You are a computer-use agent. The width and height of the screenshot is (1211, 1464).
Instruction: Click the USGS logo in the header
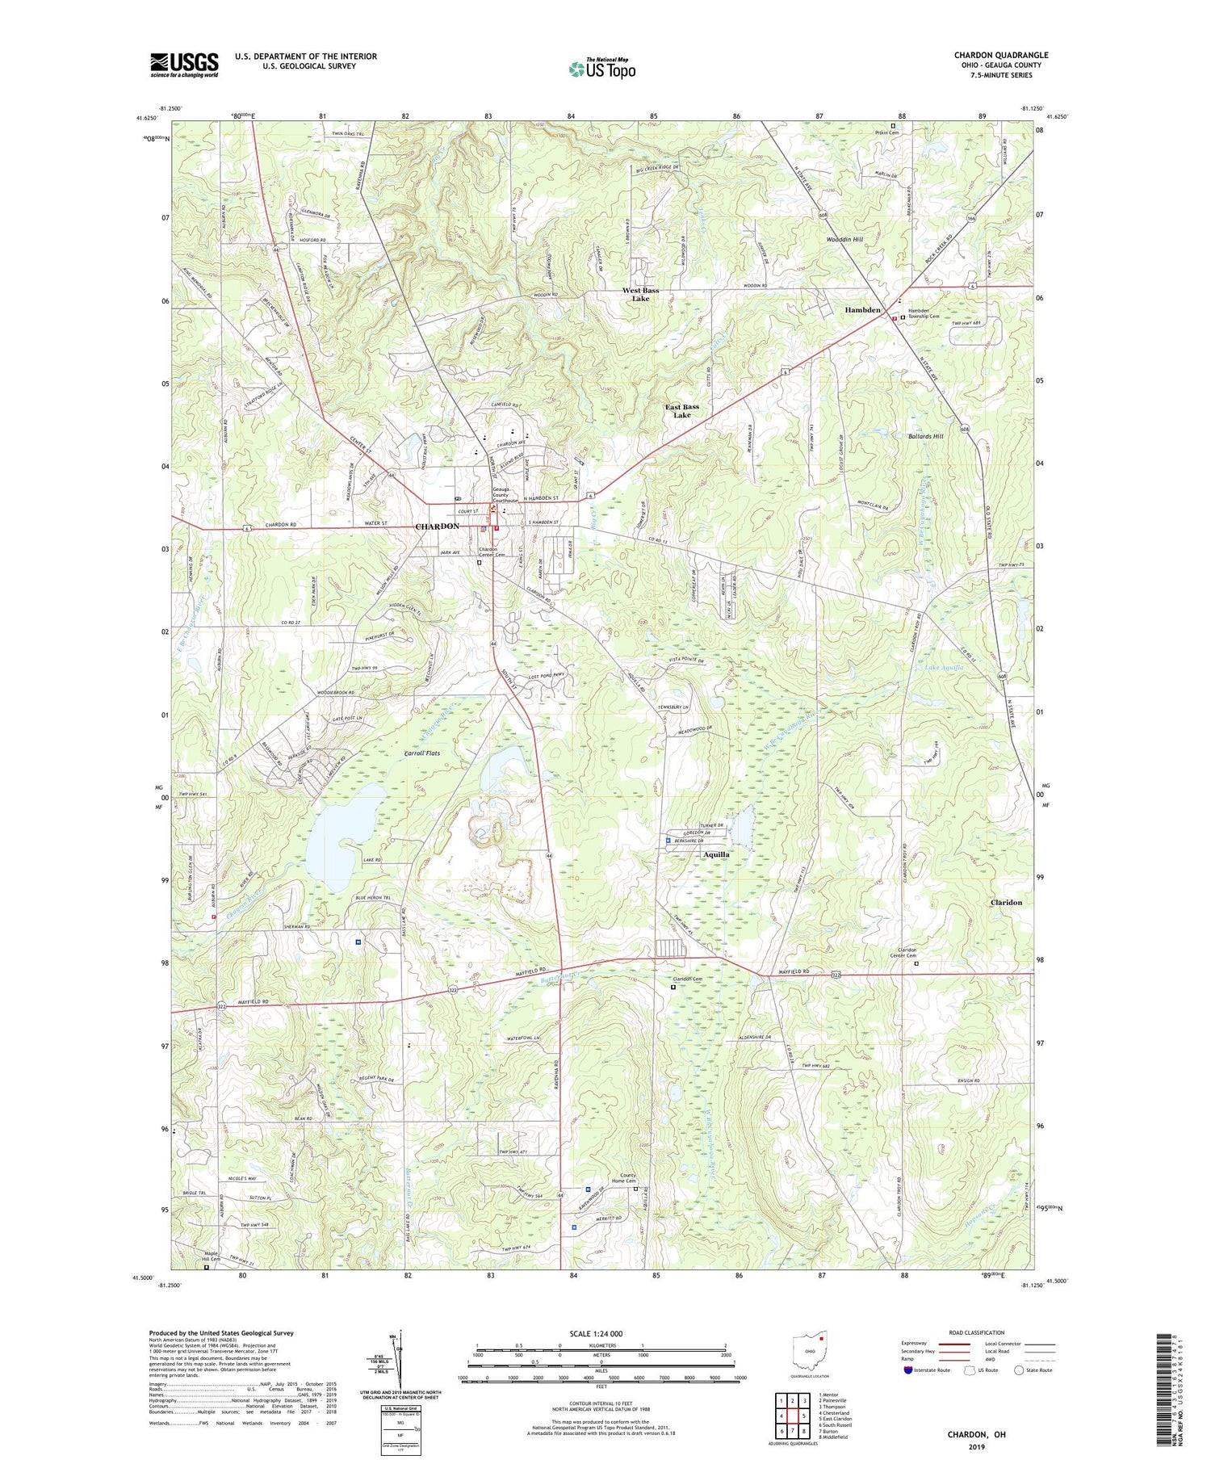(x=184, y=65)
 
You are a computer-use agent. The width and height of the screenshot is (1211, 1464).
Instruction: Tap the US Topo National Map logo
(x=602, y=69)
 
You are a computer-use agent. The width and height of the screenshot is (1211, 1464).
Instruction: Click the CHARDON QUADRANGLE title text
(x=1001, y=56)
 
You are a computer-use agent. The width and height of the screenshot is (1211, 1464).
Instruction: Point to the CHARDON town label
(x=437, y=526)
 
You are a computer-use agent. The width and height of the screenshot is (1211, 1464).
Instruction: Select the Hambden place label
(x=862, y=310)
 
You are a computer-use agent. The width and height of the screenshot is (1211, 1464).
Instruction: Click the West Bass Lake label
(x=640, y=295)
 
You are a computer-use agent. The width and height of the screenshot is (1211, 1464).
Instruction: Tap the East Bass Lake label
(x=682, y=411)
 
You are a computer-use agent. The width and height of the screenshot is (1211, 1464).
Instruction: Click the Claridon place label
(x=1006, y=903)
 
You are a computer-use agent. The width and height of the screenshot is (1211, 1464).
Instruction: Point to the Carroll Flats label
(x=421, y=753)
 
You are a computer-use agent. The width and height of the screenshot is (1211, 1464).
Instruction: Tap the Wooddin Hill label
(x=844, y=240)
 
